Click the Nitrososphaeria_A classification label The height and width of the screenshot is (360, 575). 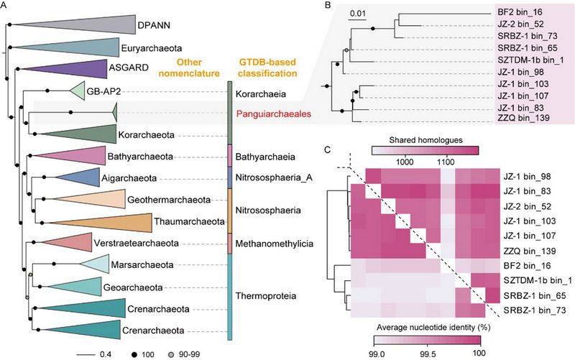(x=272, y=177)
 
